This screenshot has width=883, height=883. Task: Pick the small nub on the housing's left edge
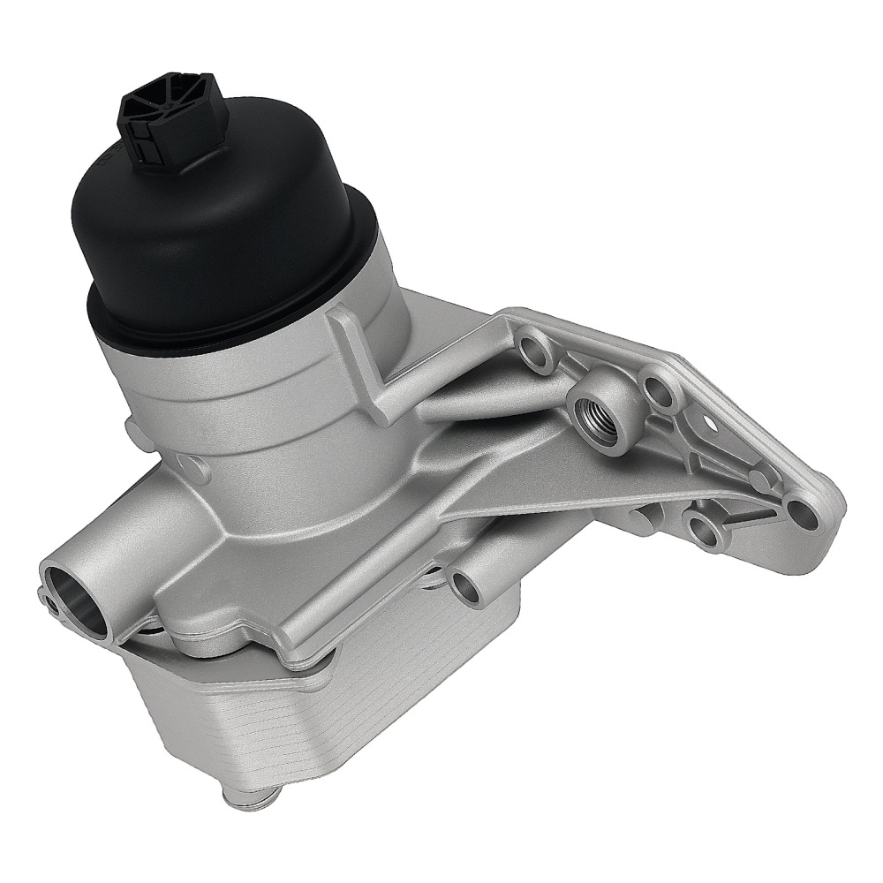click(133, 431)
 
